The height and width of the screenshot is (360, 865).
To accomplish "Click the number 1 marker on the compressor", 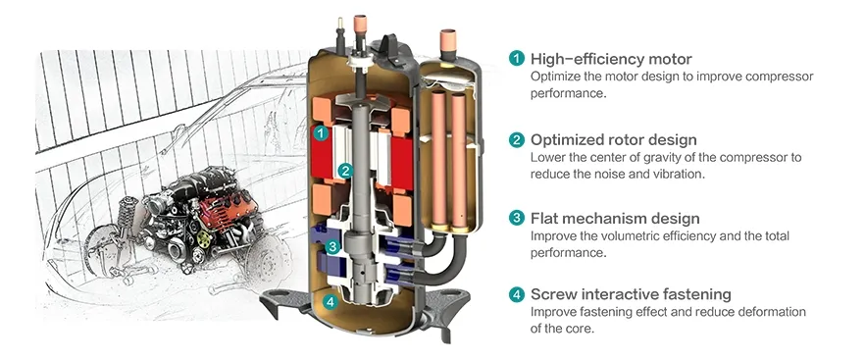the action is point(320,133).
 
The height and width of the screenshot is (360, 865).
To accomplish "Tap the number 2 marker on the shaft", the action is point(346,171).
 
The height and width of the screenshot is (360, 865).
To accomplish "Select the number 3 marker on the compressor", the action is point(331,247).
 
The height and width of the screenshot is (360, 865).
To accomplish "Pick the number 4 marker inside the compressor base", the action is point(330,302).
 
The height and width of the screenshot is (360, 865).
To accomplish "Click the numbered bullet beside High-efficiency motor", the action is point(516,58).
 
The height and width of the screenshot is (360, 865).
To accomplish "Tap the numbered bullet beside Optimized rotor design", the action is point(516,139).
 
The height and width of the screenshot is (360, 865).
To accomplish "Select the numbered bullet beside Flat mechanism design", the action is point(516,218).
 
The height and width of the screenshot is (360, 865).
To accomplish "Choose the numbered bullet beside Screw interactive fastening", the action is point(516,294).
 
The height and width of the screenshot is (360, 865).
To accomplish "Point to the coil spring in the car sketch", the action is point(127,213).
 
